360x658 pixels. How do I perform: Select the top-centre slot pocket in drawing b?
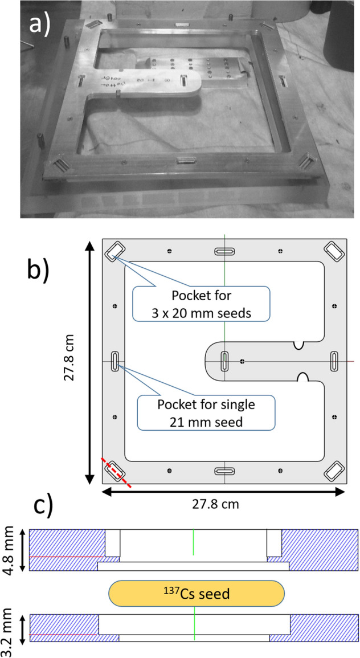pos(224,252)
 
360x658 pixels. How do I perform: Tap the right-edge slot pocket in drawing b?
pos(334,361)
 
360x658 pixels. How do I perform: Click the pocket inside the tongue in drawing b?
pos(224,361)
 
